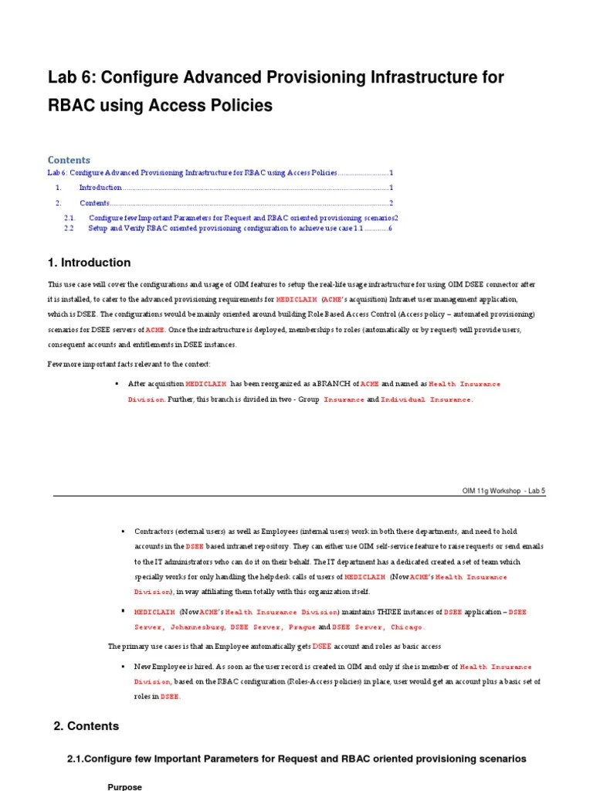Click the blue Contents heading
click(x=69, y=160)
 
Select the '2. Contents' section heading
click(x=86, y=726)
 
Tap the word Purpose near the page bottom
click(x=124, y=786)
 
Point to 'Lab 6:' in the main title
click(x=70, y=77)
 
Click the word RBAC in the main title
click(x=74, y=105)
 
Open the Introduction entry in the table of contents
click(x=100, y=188)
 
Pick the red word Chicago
click(x=407, y=626)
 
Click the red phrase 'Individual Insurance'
click(x=426, y=399)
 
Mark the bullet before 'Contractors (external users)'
click(x=123, y=532)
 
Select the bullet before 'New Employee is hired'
click(x=123, y=666)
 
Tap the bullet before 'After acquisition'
click(x=116, y=384)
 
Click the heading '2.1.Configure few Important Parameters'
click(x=296, y=759)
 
